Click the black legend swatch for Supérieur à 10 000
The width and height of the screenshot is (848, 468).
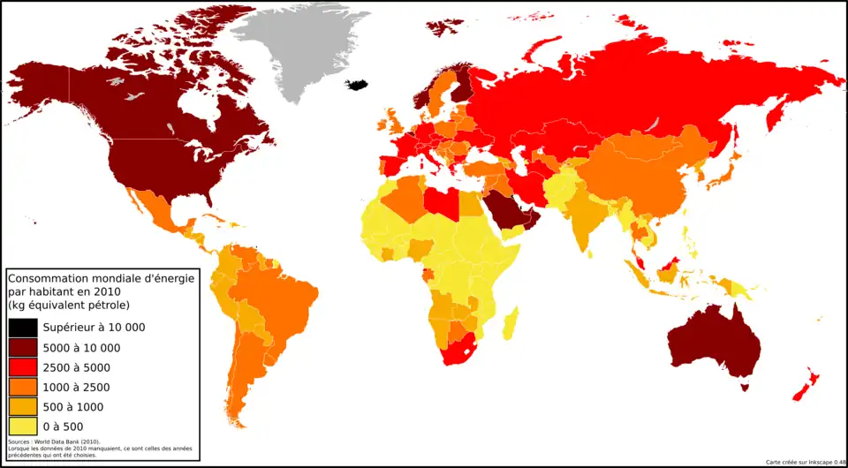click(x=23, y=327)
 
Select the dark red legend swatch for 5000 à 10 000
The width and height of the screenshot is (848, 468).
click(x=23, y=347)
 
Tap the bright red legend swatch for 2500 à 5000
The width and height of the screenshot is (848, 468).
click(x=23, y=367)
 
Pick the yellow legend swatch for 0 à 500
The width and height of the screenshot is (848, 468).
click(x=23, y=425)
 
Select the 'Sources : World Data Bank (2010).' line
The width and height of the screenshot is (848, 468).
click(x=54, y=442)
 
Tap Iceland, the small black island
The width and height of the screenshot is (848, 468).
click(x=357, y=85)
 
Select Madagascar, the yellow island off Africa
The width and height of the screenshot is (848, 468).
click(x=510, y=323)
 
